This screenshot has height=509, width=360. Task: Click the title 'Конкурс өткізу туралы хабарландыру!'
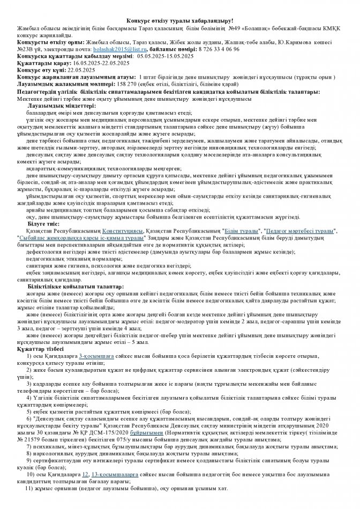pos(180,19)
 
